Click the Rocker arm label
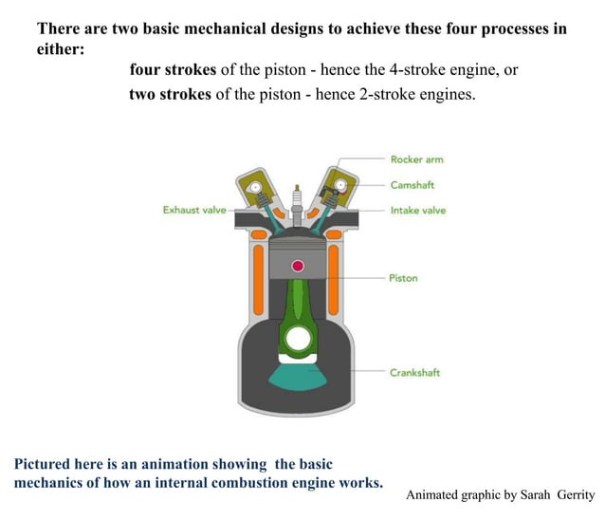click(416, 159)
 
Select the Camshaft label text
click(412, 185)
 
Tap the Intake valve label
click(417, 210)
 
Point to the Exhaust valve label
click(194, 210)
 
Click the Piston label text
click(403, 278)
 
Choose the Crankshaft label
click(414, 372)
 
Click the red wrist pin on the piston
click(298, 266)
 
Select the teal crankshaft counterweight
click(298, 376)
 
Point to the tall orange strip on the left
click(257, 282)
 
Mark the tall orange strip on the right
click(339, 282)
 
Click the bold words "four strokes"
click(173, 71)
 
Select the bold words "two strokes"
click(170, 96)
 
